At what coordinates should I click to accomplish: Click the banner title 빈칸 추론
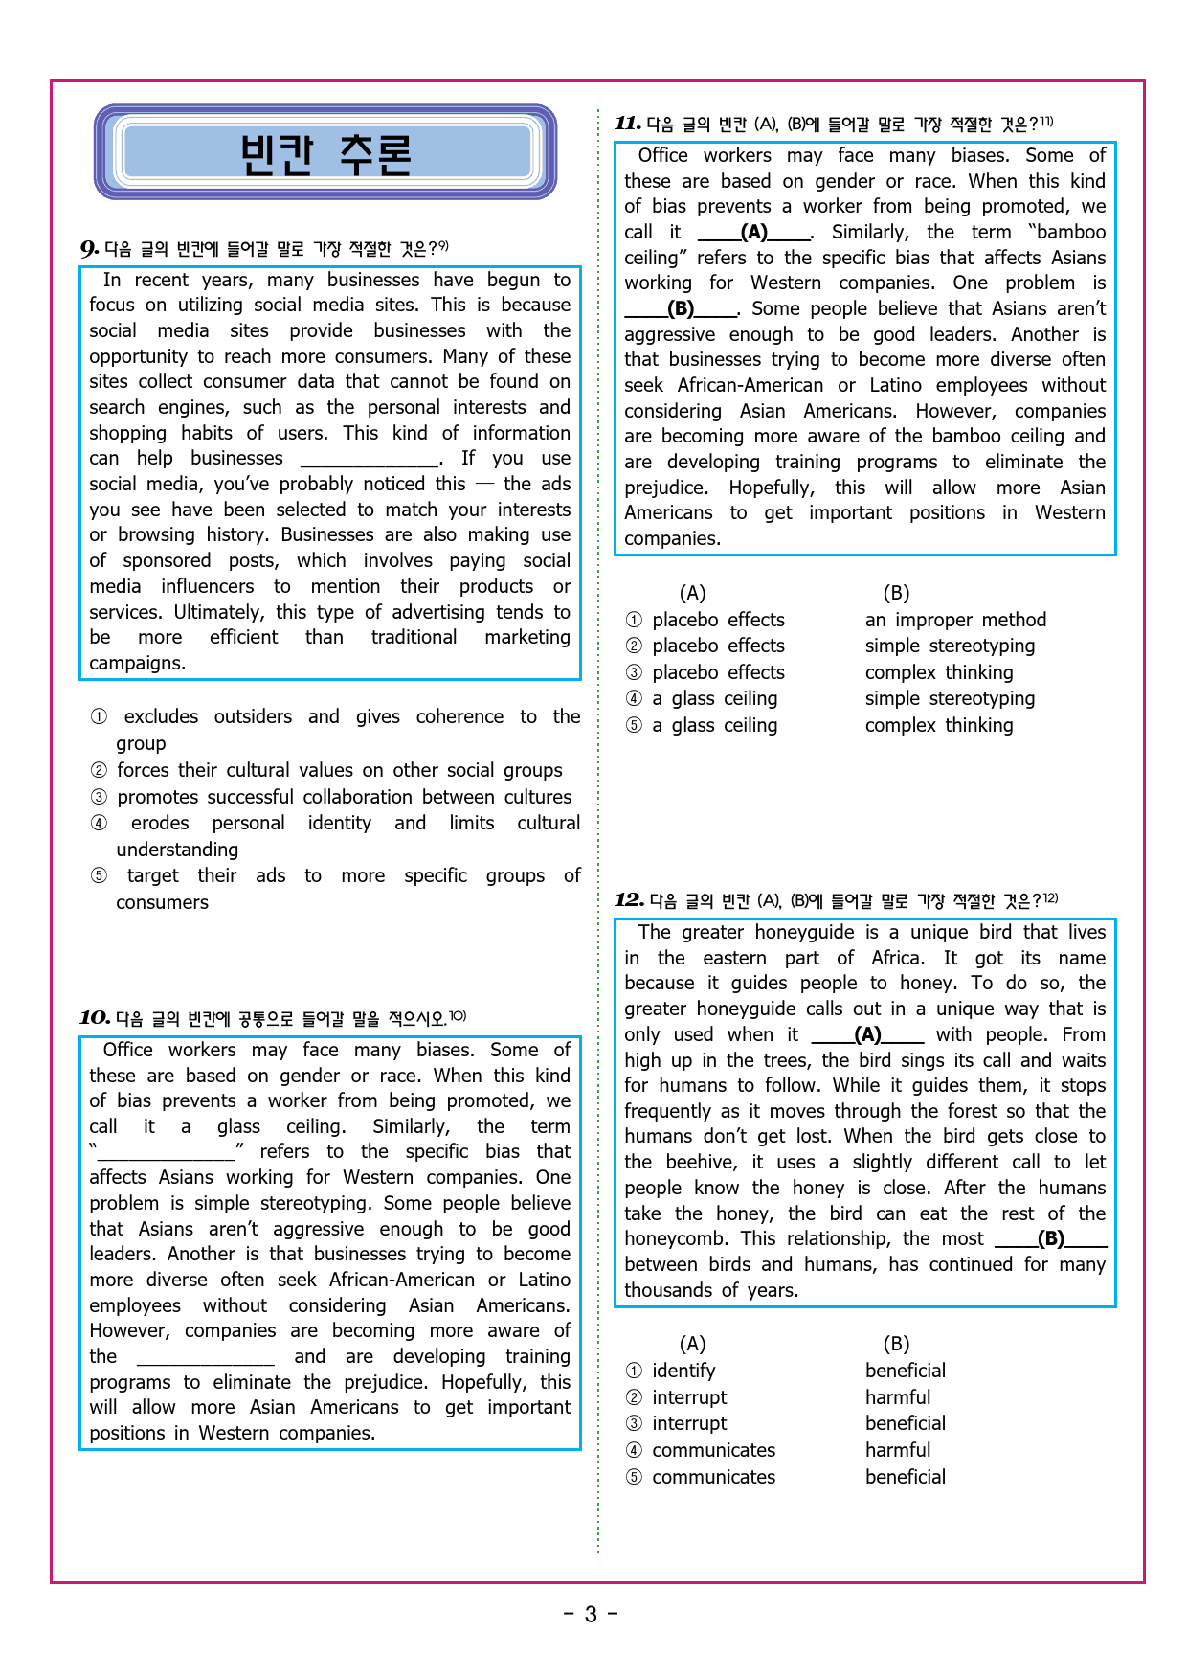pyautogui.click(x=325, y=153)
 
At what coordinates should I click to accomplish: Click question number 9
pyautogui.click(x=89, y=249)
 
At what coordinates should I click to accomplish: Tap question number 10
pyautogui.click(x=94, y=1018)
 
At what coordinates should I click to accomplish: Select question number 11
pyautogui.click(x=628, y=124)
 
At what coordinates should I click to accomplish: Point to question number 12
pyautogui.click(x=629, y=900)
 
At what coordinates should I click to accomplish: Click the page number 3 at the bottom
pyautogui.click(x=591, y=1615)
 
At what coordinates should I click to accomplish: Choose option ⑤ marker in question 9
pyautogui.click(x=99, y=876)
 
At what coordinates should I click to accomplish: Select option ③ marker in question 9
pyautogui.click(x=99, y=797)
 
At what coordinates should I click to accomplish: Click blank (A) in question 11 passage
pyautogui.click(x=754, y=233)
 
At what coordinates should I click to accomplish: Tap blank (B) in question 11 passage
pyautogui.click(x=681, y=309)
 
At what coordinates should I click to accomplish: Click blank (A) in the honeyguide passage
pyautogui.click(x=867, y=1035)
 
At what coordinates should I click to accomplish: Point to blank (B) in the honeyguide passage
pyautogui.click(x=1050, y=1239)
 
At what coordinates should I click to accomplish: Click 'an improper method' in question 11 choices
pyautogui.click(x=955, y=620)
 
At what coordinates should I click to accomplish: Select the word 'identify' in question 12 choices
pyautogui.click(x=683, y=1371)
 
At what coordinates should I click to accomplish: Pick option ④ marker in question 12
pyautogui.click(x=634, y=1450)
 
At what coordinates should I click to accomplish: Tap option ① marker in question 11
pyautogui.click(x=634, y=620)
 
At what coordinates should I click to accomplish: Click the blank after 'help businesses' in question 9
pyautogui.click(x=370, y=460)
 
